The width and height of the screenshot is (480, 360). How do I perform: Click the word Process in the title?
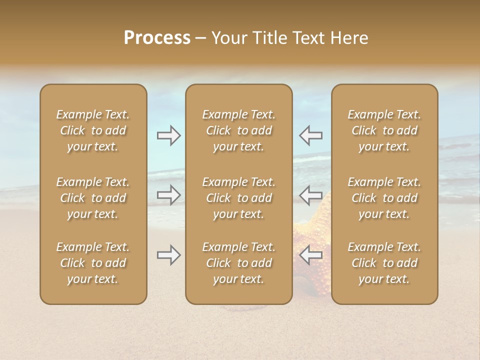[x=157, y=38]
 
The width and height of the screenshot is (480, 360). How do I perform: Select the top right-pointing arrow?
[x=168, y=135]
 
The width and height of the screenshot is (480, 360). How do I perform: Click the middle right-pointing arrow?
[x=168, y=194]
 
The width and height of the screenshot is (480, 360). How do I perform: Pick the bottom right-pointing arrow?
[x=168, y=255]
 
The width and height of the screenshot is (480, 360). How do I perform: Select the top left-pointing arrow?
[x=310, y=135]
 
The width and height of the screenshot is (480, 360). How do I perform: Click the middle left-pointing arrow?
[x=310, y=194]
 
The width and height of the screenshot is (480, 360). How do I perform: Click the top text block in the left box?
[x=93, y=130]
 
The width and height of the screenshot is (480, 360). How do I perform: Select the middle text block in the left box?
[x=93, y=198]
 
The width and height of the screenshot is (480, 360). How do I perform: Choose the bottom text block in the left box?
[x=93, y=263]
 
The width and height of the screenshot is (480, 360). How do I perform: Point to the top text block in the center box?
[x=238, y=130]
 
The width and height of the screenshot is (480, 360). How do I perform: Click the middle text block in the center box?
[x=238, y=198]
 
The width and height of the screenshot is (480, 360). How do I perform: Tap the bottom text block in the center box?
[x=238, y=263]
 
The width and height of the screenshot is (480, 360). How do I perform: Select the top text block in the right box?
[x=384, y=130]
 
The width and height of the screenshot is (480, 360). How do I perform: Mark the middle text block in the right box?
[x=384, y=198]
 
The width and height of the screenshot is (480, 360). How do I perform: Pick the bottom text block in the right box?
[x=384, y=263]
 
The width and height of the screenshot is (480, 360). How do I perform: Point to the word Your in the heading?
[x=229, y=38]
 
